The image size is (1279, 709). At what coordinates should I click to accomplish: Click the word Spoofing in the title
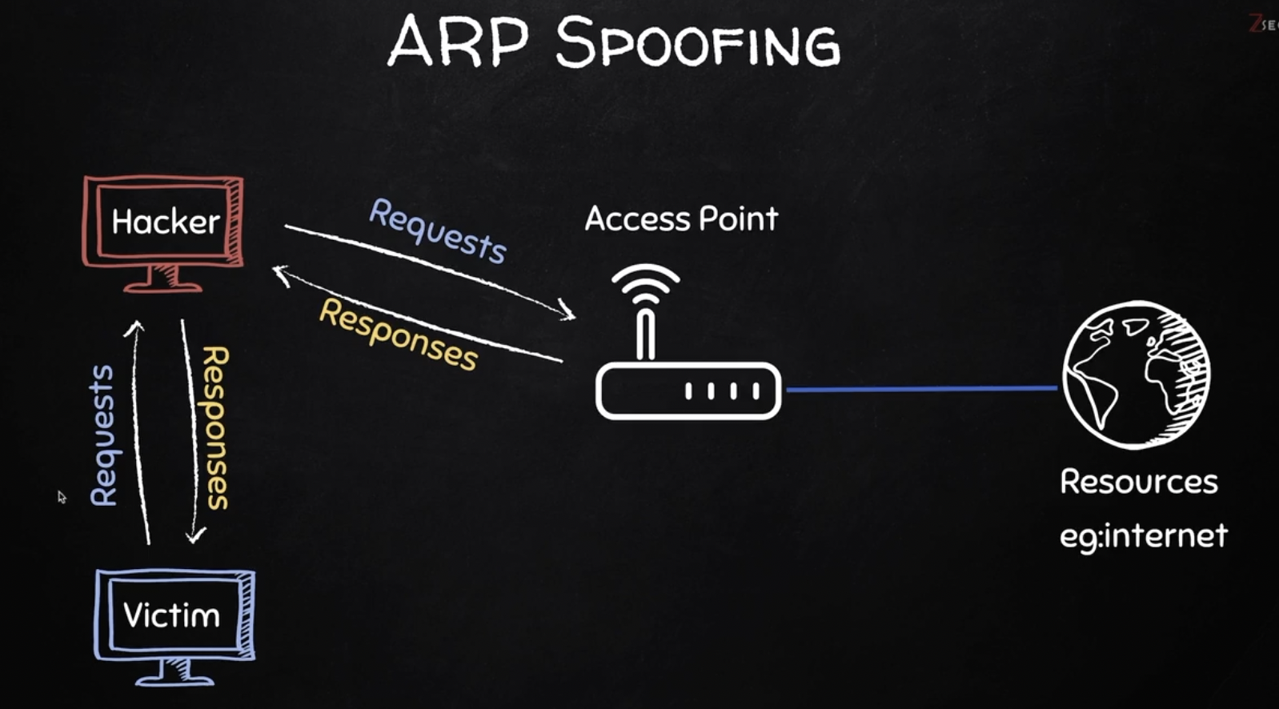[697, 43]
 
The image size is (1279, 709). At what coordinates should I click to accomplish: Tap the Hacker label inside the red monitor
[165, 222]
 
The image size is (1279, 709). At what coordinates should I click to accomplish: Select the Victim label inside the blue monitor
[171, 615]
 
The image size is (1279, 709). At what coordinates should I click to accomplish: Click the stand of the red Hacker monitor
[163, 280]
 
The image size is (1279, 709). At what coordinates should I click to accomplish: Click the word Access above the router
[636, 218]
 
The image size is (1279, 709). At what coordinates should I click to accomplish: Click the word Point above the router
[737, 218]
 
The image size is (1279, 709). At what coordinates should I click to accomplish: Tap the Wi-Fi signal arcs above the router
[645, 284]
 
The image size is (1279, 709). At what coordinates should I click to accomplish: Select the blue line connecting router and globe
[920, 389]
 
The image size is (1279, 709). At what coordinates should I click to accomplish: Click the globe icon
[1137, 375]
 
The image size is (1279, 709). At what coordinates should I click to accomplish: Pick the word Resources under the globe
[1138, 482]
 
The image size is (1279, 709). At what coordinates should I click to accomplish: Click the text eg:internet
[1143, 535]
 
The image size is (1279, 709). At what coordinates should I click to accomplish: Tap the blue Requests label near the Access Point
[437, 231]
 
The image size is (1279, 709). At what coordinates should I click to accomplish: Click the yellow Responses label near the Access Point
[399, 334]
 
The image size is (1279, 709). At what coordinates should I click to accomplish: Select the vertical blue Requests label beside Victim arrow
[103, 435]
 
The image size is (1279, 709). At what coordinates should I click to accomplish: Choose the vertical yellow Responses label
[215, 427]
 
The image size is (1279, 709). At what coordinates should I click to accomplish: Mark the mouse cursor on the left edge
[62, 497]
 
